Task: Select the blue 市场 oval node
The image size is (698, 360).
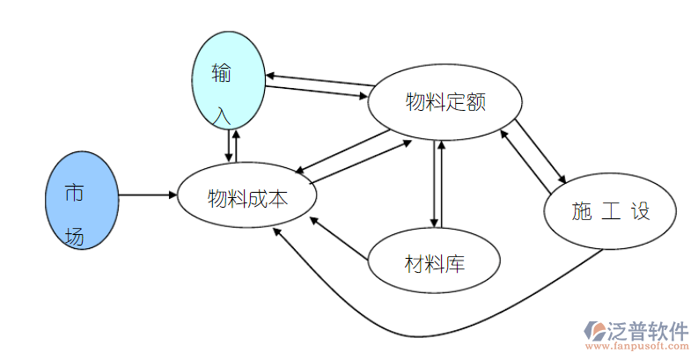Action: click(81, 201)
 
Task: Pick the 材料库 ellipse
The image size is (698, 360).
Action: click(434, 261)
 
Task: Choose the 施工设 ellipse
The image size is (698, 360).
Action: click(610, 212)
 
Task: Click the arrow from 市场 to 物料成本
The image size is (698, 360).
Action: click(148, 195)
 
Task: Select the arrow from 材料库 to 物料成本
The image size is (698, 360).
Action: click(339, 239)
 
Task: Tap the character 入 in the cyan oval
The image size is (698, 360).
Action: click(224, 114)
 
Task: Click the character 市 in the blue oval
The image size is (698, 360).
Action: click(74, 194)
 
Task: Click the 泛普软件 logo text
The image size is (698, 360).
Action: click(648, 331)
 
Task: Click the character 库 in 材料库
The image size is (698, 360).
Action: click(455, 262)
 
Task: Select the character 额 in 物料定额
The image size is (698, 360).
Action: click(476, 102)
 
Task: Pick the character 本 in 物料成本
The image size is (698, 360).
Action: click(278, 197)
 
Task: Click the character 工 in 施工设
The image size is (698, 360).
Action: click(610, 211)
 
